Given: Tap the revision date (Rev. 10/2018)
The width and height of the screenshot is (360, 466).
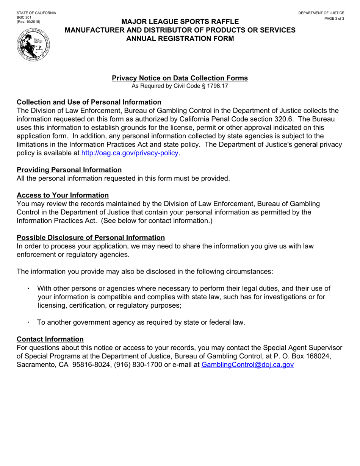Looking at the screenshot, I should pos(28,22).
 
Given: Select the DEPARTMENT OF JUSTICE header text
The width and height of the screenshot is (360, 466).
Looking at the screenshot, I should pos(321,13).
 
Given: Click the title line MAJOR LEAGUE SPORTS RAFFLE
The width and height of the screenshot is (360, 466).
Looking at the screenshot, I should pos(180,22).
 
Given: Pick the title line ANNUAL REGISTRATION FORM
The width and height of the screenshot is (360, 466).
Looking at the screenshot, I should pos(180,38).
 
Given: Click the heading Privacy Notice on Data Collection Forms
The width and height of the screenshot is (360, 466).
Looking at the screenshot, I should pos(180,78).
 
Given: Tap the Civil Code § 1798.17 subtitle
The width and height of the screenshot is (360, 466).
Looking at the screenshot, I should pos(180,86).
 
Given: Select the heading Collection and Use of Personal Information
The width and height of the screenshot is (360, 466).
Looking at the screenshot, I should pos(89,102).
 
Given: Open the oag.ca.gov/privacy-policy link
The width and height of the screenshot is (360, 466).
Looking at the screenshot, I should pos(130,153).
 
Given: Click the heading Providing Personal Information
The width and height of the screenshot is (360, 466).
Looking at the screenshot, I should pos(69,170).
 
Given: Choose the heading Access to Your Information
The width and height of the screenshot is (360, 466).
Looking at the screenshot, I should pos(63,195).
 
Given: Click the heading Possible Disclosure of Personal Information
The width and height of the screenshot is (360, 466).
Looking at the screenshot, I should pos(91,238).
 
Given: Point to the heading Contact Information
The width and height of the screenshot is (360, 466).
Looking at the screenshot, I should pos(50,339).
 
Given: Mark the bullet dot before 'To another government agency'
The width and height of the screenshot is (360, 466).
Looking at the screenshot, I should pos(28,322).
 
